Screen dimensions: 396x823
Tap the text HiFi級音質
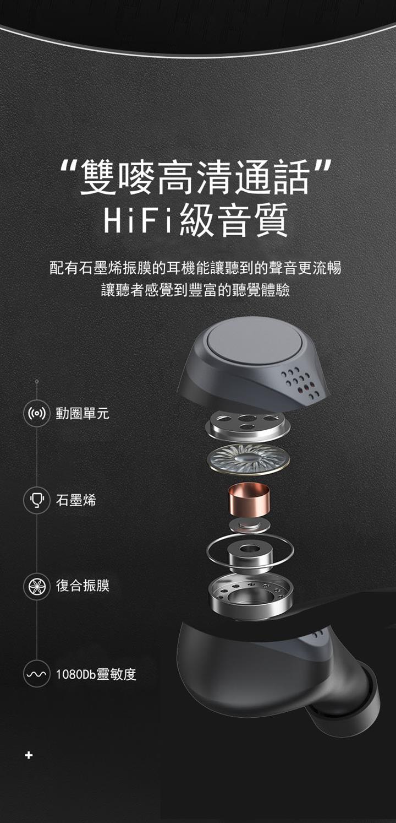[x=196, y=220]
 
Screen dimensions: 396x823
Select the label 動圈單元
[x=82, y=413]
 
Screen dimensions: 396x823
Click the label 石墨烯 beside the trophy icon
[x=76, y=500]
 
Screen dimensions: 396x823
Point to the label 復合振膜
[x=82, y=586]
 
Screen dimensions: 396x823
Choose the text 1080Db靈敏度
[x=96, y=674]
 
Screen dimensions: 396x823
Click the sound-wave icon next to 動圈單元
[x=37, y=413]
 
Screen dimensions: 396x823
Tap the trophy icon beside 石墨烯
[x=37, y=500]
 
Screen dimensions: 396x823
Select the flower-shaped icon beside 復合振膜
[x=37, y=586]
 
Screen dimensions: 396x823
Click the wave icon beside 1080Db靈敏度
[x=37, y=674]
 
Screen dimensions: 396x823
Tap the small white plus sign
[x=29, y=755]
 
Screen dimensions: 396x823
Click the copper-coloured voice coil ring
[x=249, y=499]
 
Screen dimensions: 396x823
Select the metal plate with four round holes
[x=248, y=425]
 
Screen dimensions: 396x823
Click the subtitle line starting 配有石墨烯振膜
[x=195, y=268]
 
